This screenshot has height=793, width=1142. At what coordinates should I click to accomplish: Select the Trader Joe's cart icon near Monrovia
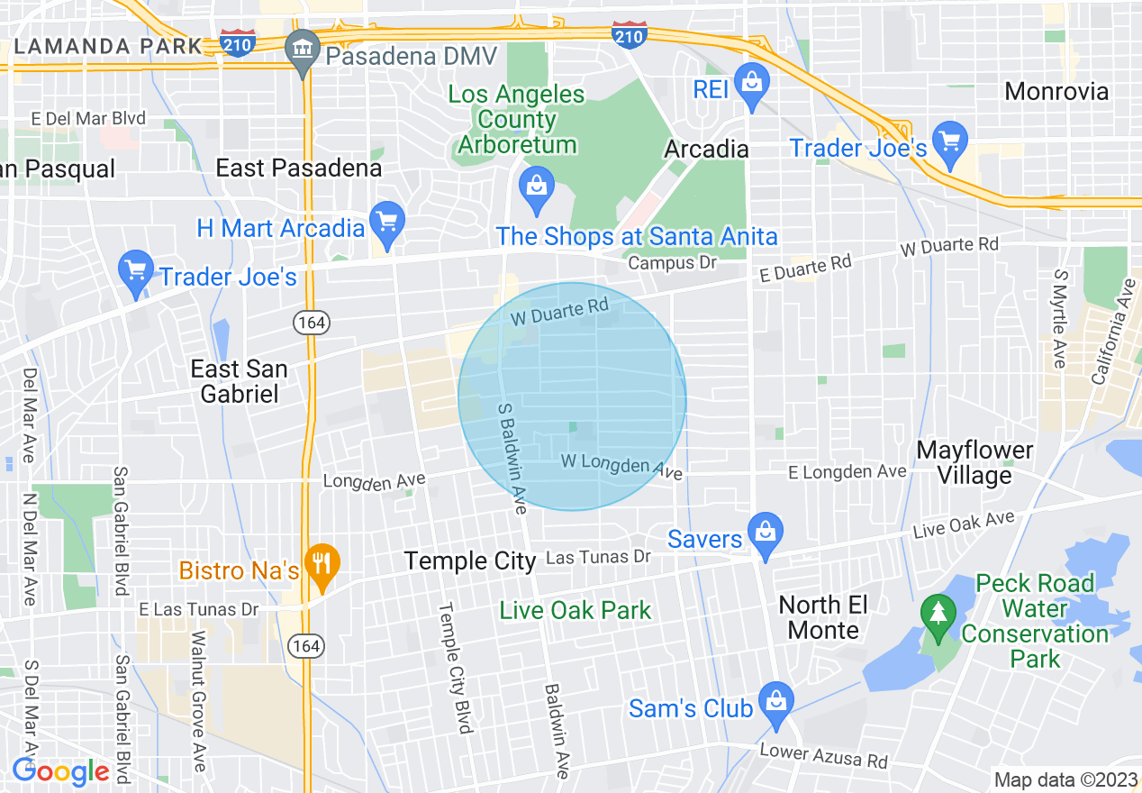[x=950, y=140]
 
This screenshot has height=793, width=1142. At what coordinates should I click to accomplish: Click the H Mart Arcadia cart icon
[x=387, y=221]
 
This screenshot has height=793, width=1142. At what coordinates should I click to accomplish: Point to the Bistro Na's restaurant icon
[x=320, y=564]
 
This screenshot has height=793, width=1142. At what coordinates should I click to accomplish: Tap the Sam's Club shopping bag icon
[x=775, y=700]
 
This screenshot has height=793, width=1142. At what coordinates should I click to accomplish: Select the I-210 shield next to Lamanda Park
[x=238, y=42]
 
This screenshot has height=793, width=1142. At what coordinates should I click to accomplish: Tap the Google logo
[x=60, y=771]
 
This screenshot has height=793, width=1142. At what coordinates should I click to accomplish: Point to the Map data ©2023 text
[x=1065, y=779]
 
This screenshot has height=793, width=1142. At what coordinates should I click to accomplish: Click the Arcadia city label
[x=706, y=149]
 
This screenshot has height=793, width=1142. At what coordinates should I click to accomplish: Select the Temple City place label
[x=470, y=561]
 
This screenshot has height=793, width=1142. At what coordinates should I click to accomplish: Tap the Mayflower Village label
[x=975, y=462]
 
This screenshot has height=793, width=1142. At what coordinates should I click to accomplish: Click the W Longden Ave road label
[x=621, y=466]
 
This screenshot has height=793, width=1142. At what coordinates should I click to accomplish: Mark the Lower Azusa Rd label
[x=823, y=755]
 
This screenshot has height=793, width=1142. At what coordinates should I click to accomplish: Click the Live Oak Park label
[x=576, y=610]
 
